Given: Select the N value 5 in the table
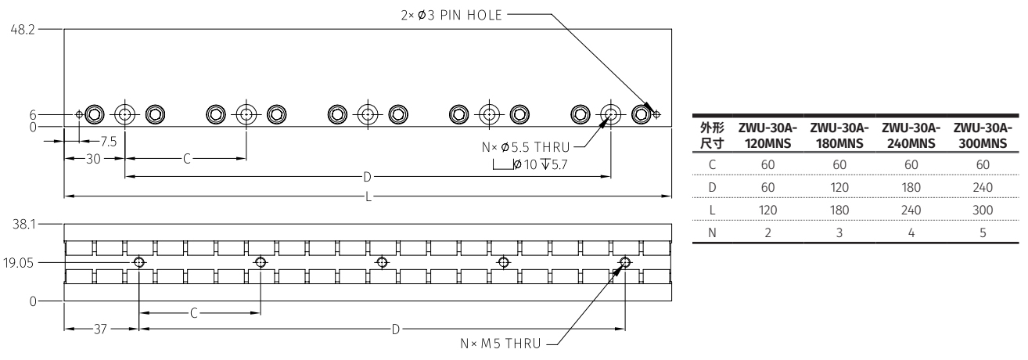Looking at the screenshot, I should pos(983,232).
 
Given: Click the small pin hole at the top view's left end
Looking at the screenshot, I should pos(79,114).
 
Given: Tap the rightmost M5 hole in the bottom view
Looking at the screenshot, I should pos(624,262).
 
